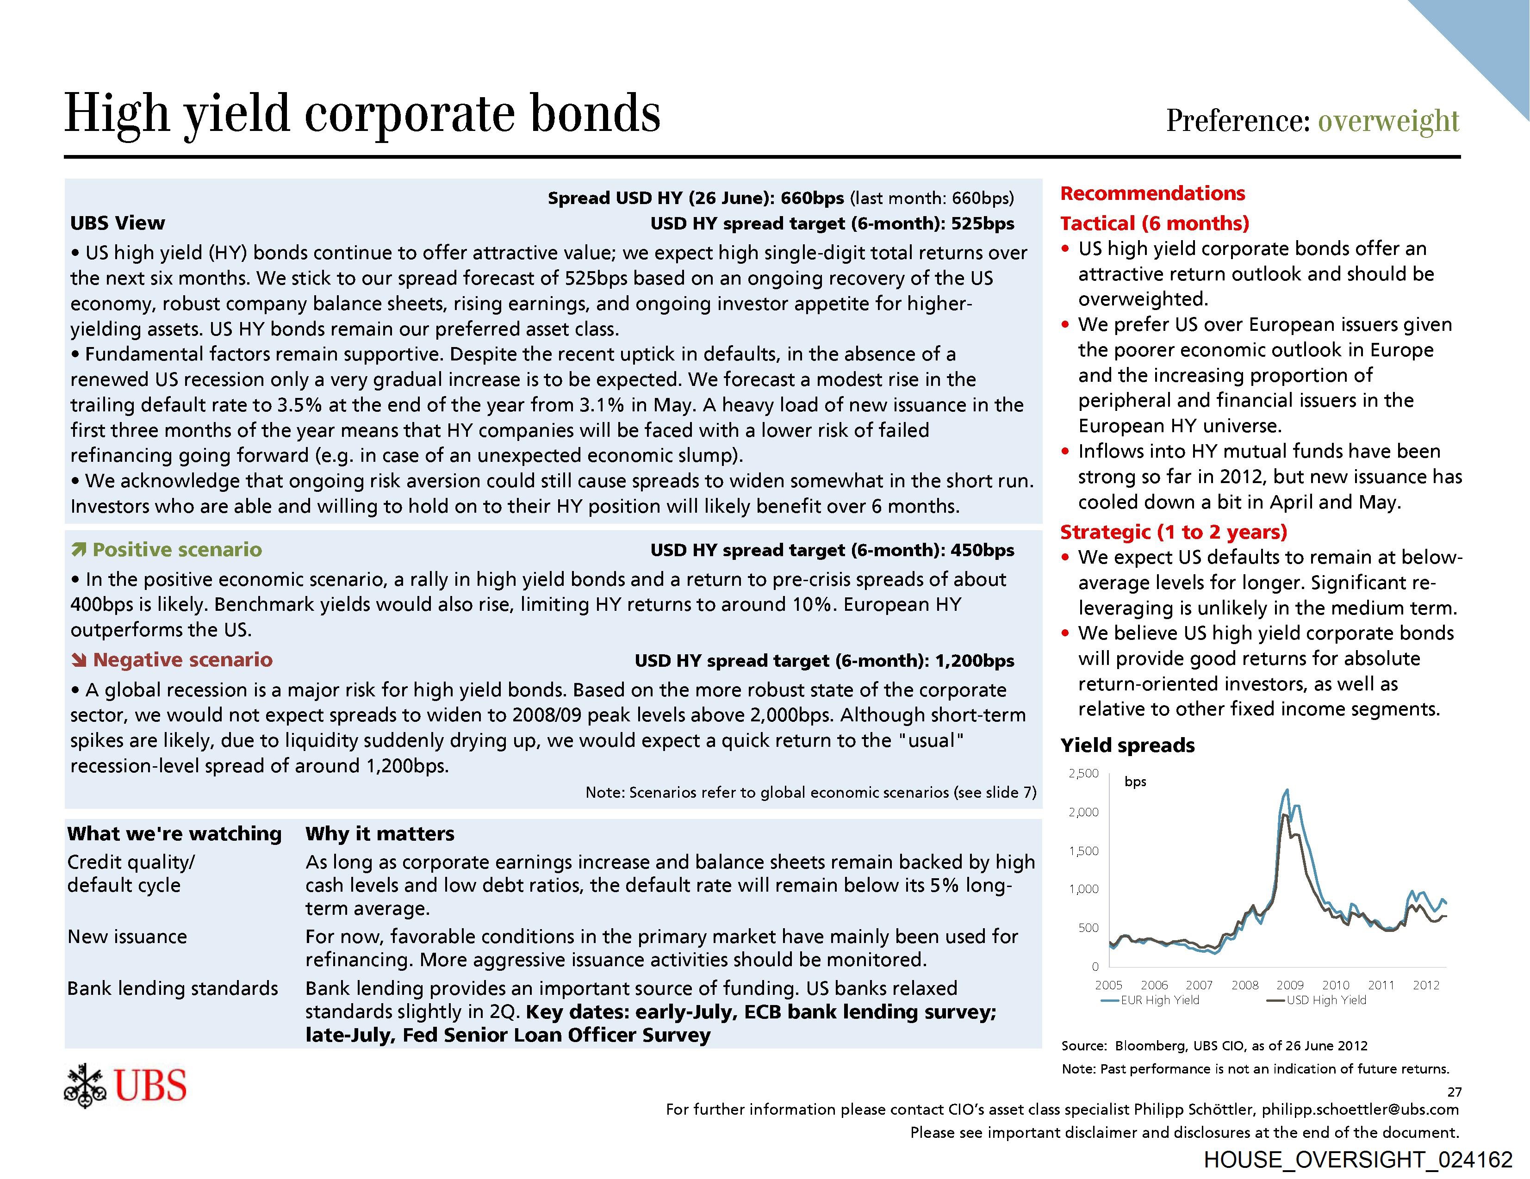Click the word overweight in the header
[1388, 120]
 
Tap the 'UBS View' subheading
[118, 223]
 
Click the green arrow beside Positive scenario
[79, 550]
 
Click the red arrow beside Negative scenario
[79, 660]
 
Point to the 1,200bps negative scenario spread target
[975, 661]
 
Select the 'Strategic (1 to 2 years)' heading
[1174, 532]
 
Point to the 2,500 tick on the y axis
[1083, 773]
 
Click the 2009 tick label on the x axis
[1290, 985]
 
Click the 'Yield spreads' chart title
[1127, 745]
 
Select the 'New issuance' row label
[127, 937]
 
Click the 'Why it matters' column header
[379, 834]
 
